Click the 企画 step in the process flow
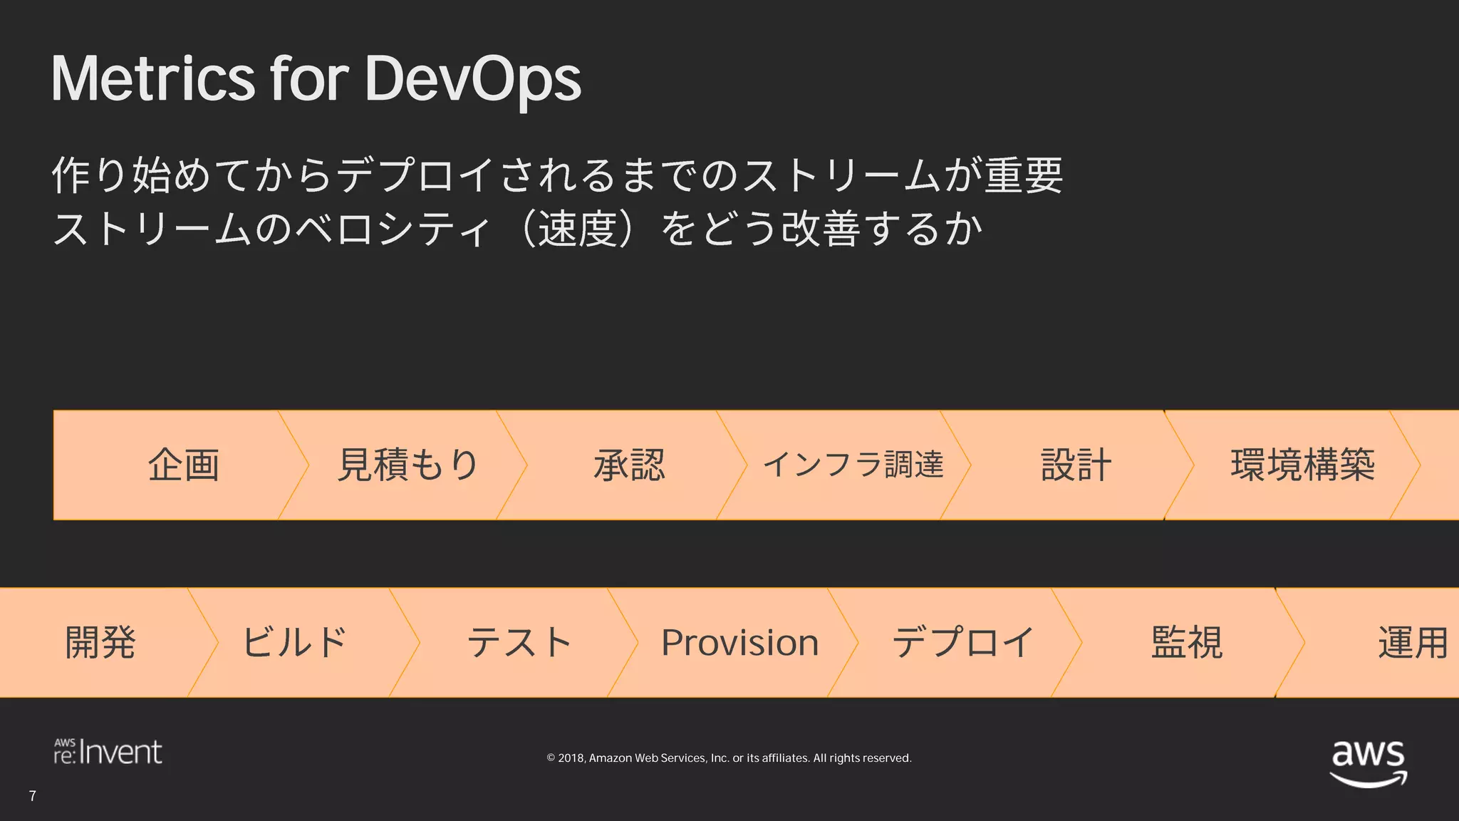coord(183,465)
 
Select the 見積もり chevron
coord(407,465)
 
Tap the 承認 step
coord(629,465)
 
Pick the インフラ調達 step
coord(853,465)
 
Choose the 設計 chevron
coord(1076,465)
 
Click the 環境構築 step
coord(1302,465)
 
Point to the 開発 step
coord(100,642)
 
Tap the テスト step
coord(519,642)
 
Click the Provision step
coord(739,642)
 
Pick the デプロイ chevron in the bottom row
coord(962,642)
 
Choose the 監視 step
coord(1187,642)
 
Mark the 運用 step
coord(1412,642)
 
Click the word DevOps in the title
coord(472,78)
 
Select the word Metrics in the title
coord(152,78)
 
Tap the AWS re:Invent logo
coord(108,752)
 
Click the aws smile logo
coord(1368,763)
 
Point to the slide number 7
coord(33,796)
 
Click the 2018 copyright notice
coord(729,758)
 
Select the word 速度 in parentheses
coord(577,229)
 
